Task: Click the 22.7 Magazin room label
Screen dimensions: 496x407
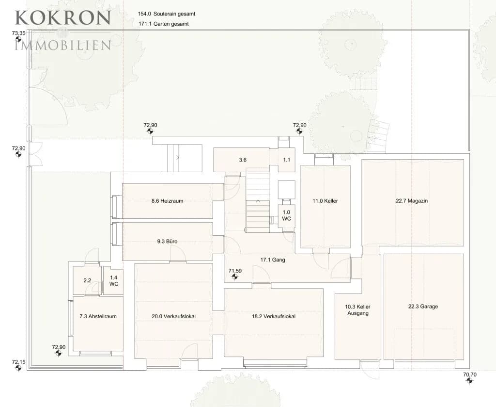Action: pyautogui.click(x=412, y=201)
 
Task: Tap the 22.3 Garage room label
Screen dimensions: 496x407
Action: pyautogui.click(x=423, y=307)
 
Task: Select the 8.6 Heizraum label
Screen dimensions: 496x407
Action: pyautogui.click(x=167, y=201)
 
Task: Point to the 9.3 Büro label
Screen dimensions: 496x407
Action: pyautogui.click(x=167, y=242)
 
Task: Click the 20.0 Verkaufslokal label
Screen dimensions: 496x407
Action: pyautogui.click(x=174, y=316)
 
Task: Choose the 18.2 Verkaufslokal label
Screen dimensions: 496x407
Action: pyautogui.click(x=274, y=316)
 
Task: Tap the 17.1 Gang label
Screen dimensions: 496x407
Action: pyautogui.click(x=273, y=260)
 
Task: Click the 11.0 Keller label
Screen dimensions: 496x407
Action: pyautogui.click(x=325, y=201)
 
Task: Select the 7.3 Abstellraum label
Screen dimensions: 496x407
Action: pyautogui.click(x=98, y=316)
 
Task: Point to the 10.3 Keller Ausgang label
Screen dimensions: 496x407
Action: pyautogui.click(x=358, y=310)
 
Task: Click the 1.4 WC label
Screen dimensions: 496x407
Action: pyautogui.click(x=113, y=281)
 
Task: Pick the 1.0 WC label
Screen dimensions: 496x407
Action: pyautogui.click(x=286, y=215)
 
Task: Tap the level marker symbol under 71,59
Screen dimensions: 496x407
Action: pyautogui.click(x=234, y=277)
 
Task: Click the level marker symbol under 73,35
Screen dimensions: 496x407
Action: pyautogui.click(x=18, y=39)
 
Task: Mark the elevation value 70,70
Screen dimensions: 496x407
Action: pyautogui.click(x=470, y=374)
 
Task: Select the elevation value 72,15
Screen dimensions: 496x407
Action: pyautogui.click(x=18, y=362)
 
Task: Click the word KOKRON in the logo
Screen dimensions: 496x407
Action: pyautogui.click(x=63, y=18)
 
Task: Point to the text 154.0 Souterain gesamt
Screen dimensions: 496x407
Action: pyautogui.click(x=167, y=14)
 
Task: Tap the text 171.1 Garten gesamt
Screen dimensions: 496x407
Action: pyautogui.click(x=164, y=24)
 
